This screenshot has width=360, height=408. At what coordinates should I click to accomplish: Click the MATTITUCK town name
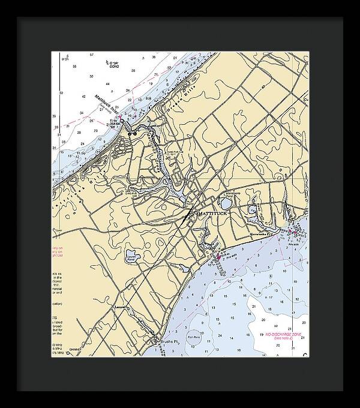(x=210, y=214)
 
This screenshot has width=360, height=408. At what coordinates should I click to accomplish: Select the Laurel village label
(x=122, y=308)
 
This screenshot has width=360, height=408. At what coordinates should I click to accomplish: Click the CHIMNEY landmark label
(x=76, y=349)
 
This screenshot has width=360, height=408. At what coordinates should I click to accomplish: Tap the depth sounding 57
(x=91, y=55)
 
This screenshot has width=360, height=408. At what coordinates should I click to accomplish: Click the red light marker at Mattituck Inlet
(x=119, y=116)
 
